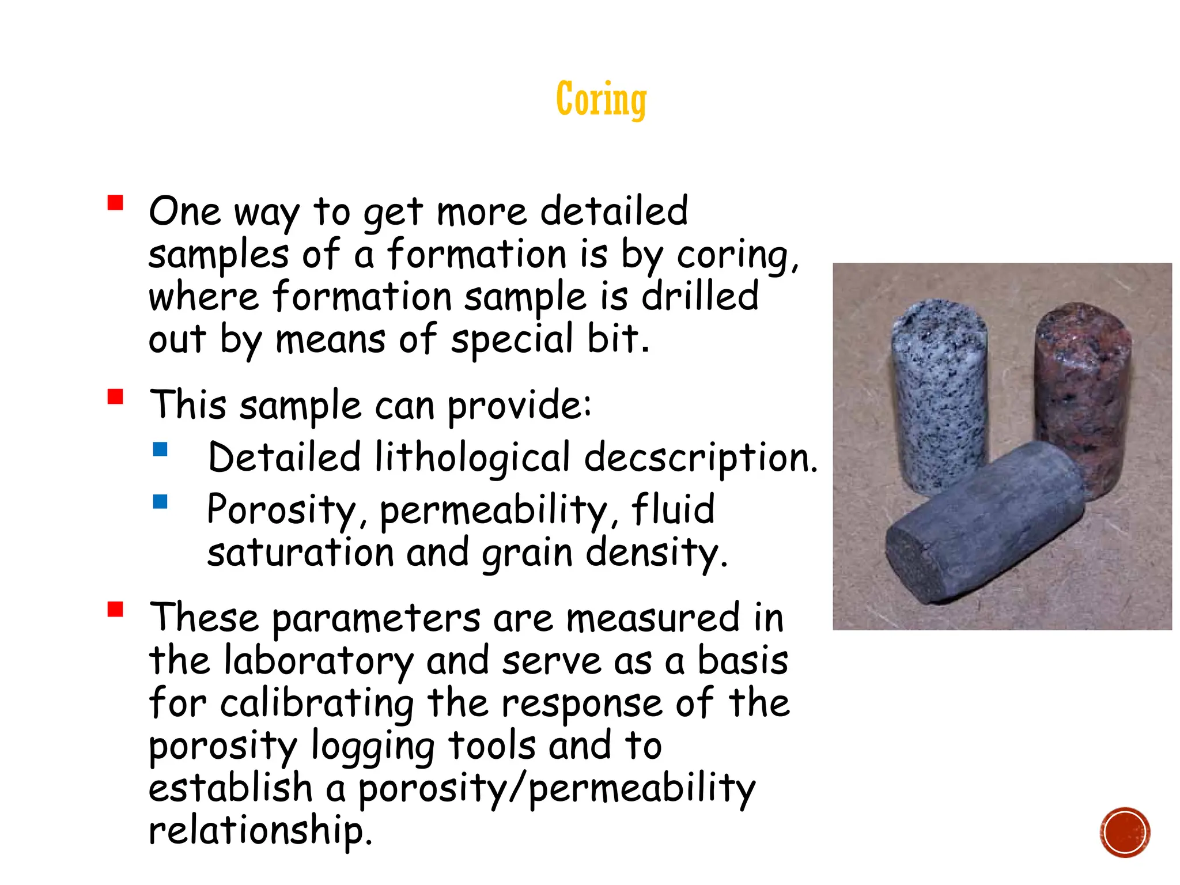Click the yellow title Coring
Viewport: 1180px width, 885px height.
click(601, 99)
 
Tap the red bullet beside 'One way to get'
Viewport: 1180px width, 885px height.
click(115, 203)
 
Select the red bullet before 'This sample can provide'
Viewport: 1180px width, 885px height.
click(115, 397)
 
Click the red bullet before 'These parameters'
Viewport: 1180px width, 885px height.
click(115, 609)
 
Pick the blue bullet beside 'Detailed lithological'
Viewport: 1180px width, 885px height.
click(160, 449)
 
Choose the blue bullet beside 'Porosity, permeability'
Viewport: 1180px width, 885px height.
click(160, 502)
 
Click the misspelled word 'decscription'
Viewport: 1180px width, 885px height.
click(699, 459)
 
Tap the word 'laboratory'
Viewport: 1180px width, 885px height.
click(318, 661)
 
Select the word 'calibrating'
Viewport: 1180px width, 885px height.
click(317, 704)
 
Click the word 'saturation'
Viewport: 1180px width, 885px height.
click(300, 553)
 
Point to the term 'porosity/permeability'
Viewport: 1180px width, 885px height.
click(557, 789)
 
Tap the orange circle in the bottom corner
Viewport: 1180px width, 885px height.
click(1125, 832)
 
